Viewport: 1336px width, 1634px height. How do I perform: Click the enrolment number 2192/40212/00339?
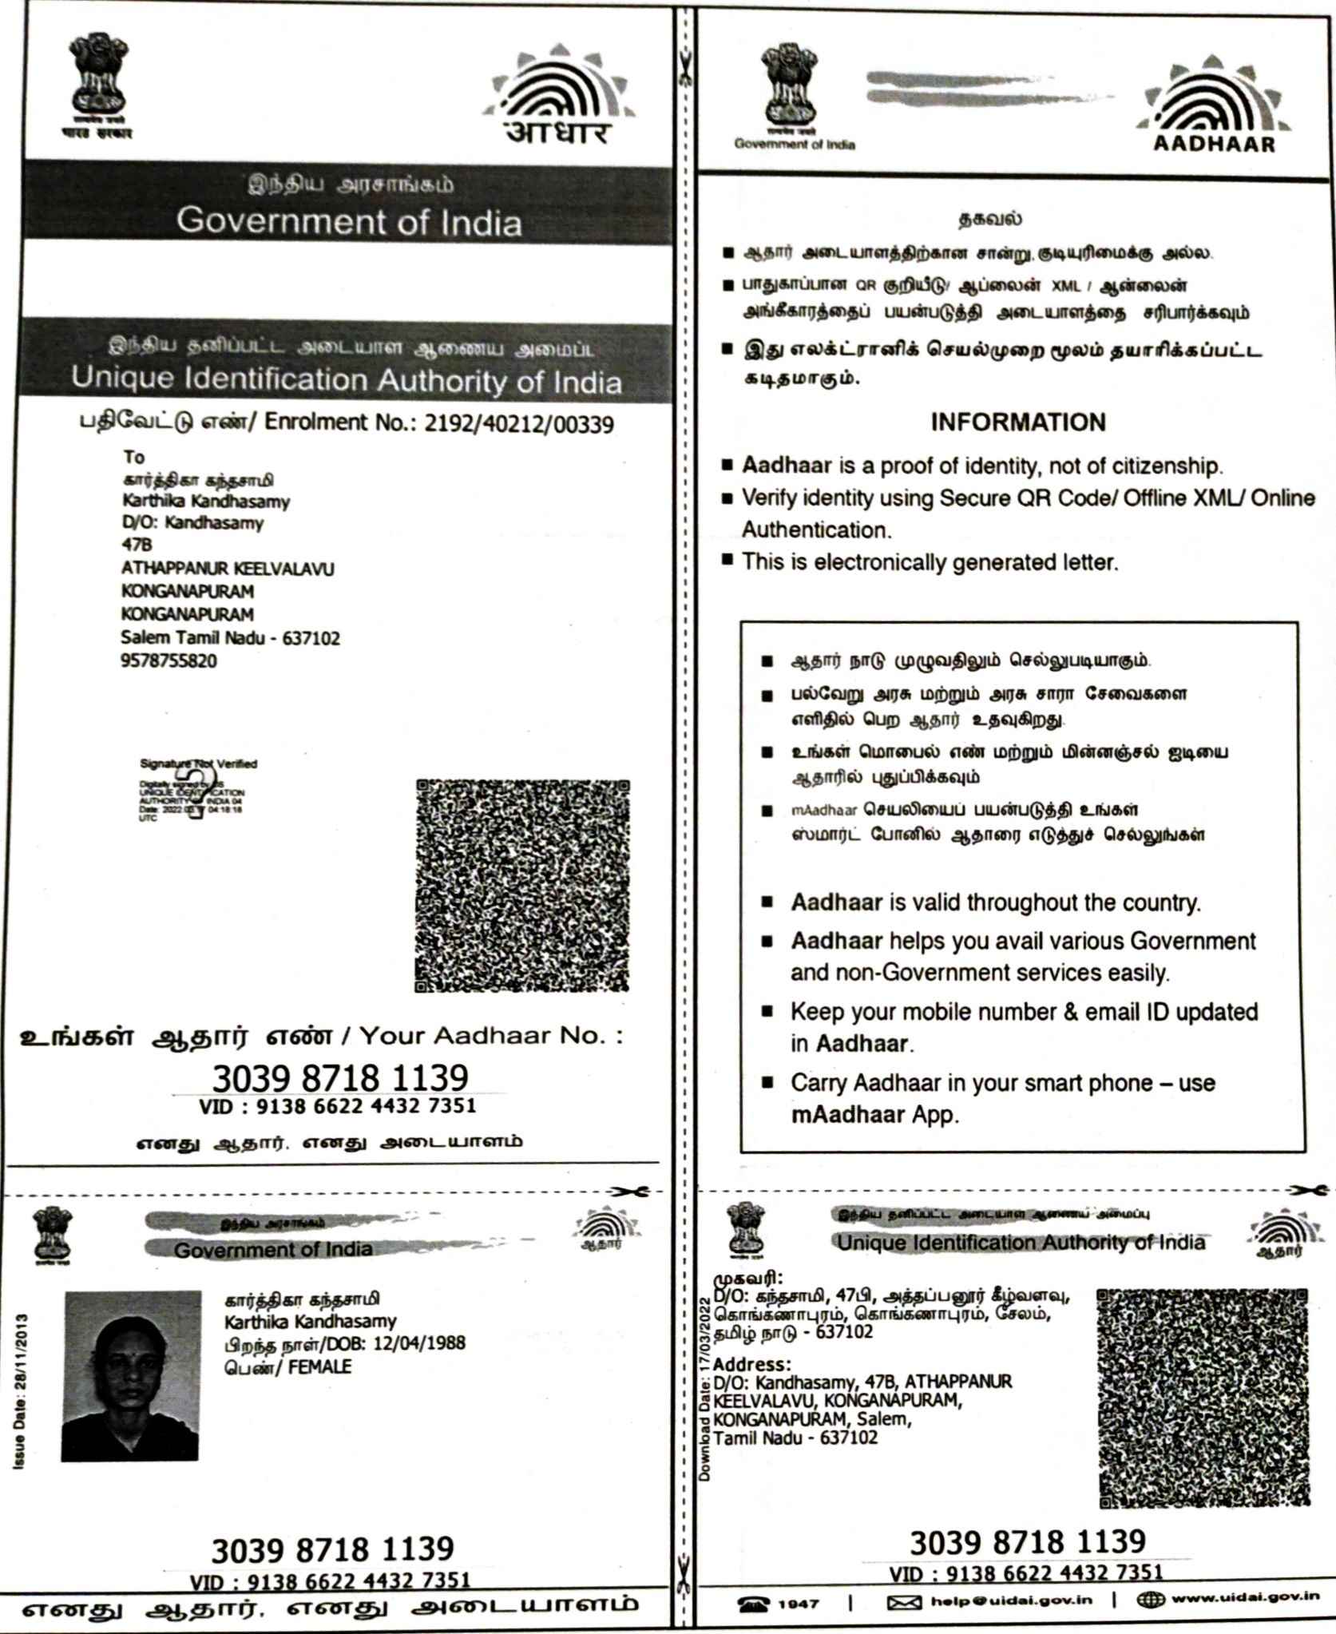point(519,422)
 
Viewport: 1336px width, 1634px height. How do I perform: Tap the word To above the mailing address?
point(133,457)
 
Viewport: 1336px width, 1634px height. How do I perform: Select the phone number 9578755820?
point(168,661)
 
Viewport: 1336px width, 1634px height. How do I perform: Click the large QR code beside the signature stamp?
point(522,886)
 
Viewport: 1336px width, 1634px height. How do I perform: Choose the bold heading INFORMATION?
point(1018,422)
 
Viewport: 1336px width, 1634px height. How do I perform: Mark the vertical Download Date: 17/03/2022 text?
point(704,1389)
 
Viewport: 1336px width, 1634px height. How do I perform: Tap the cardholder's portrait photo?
point(132,1375)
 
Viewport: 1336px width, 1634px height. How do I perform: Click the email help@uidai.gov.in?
point(1011,1601)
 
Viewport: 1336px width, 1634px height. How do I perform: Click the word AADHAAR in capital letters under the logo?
point(1214,145)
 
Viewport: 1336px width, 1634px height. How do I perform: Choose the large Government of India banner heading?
point(349,221)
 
